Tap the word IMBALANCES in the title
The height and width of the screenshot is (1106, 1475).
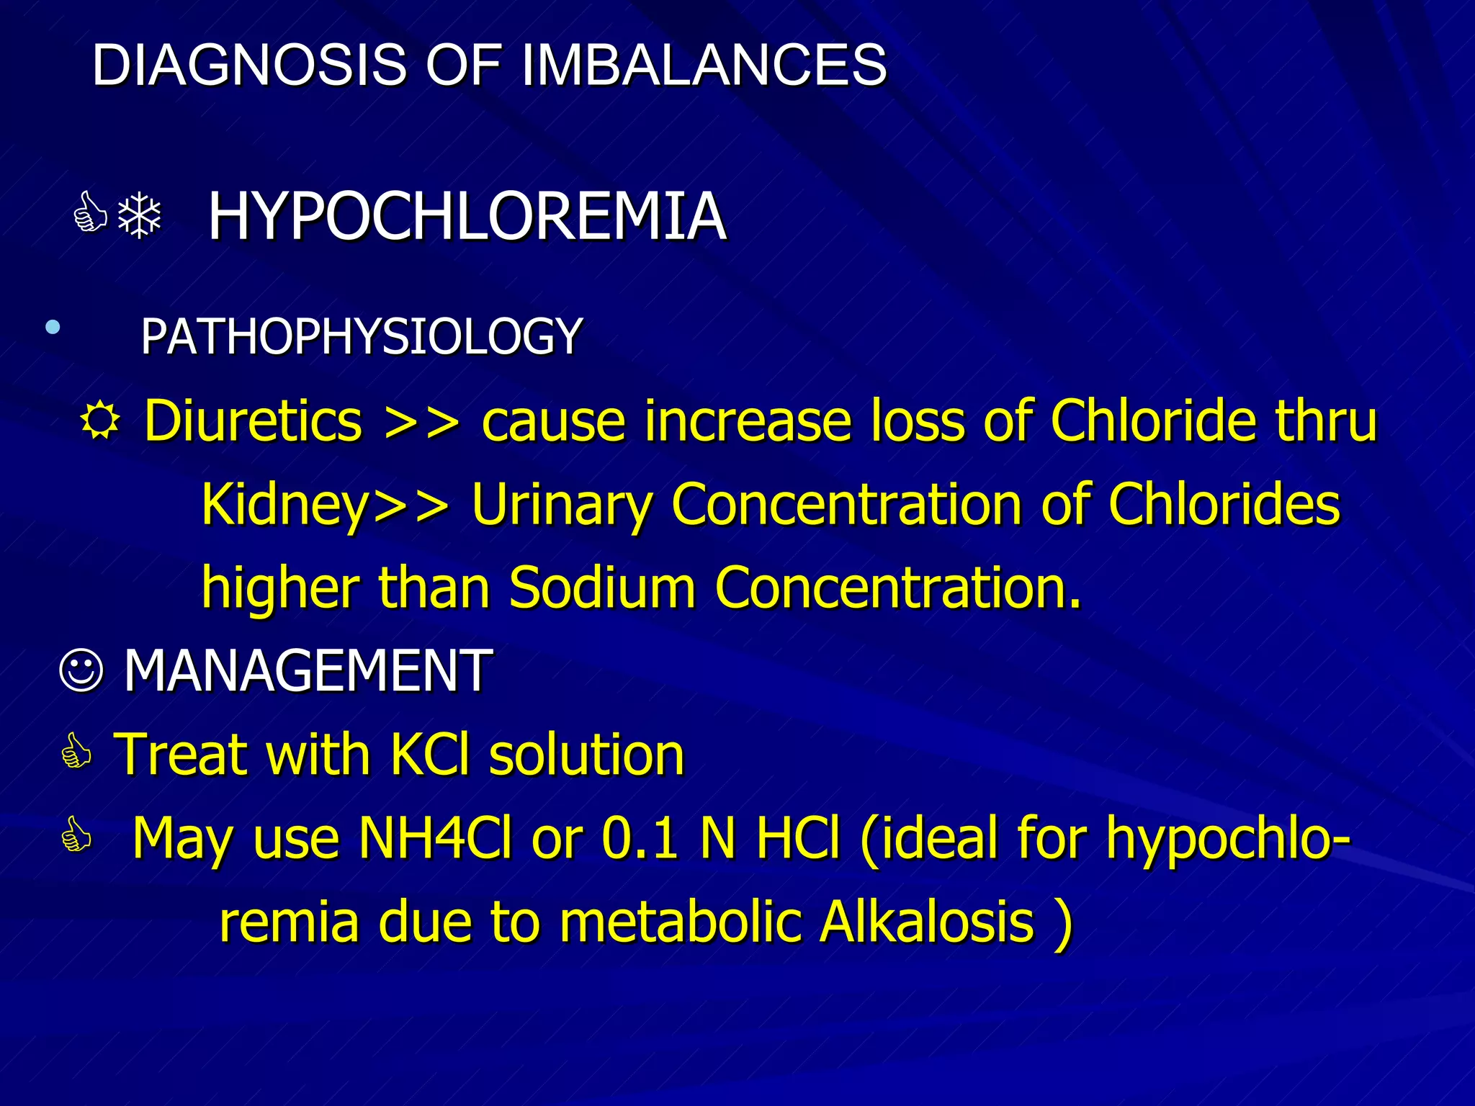[x=704, y=65]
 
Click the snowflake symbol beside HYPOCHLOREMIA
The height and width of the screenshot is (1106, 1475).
[x=140, y=215]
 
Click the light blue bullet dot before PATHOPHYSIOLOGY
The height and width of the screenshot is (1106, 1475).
[x=52, y=328]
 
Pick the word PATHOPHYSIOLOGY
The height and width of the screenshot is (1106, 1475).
[x=362, y=336]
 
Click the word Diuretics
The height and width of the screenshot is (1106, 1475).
[x=253, y=421]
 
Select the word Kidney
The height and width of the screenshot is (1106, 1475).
[x=285, y=504]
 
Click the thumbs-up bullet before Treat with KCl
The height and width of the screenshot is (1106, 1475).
[x=77, y=752]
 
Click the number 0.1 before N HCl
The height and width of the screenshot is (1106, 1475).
[x=640, y=838]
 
